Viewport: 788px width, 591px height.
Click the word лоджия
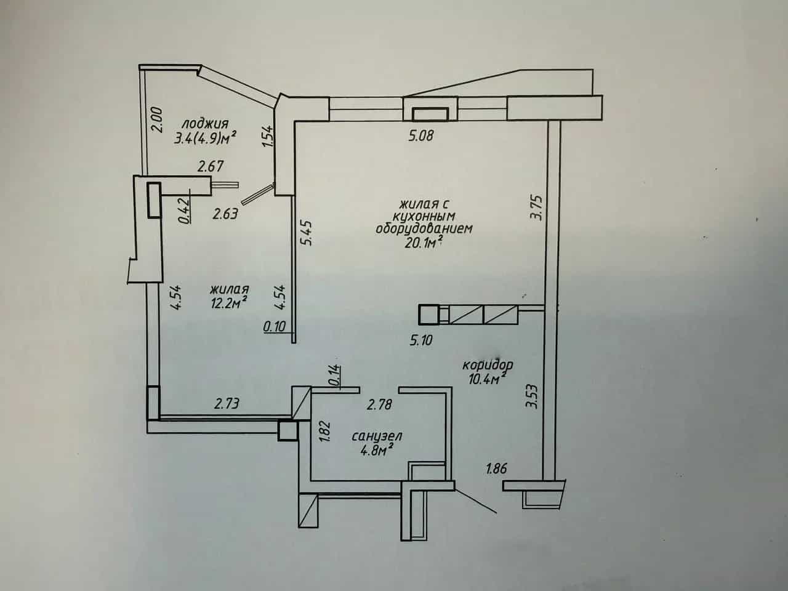point(205,124)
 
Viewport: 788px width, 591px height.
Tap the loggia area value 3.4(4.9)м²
point(206,138)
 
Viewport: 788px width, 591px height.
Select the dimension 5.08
point(421,135)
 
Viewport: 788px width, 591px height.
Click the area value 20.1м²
point(423,243)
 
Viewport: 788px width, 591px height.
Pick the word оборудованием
point(424,228)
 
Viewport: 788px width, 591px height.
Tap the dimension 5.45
point(308,233)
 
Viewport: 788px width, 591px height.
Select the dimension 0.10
point(275,326)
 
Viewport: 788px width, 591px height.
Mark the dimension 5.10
point(421,340)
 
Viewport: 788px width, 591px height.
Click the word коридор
point(488,365)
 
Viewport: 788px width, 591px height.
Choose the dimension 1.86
point(496,468)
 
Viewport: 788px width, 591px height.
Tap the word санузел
point(377,436)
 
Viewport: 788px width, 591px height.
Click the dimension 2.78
point(379,404)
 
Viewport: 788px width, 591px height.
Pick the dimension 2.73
point(227,404)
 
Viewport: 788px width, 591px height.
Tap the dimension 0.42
point(184,211)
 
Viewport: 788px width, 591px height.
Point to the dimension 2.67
point(211,166)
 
